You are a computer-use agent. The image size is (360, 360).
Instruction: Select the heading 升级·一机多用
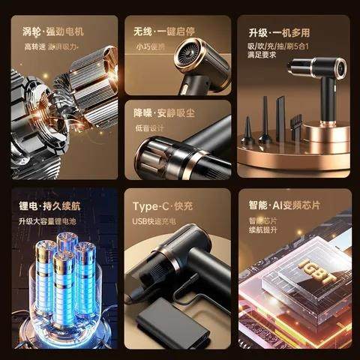(x=279, y=32)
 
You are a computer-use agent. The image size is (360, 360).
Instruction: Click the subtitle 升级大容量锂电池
(x=48, y=220)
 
